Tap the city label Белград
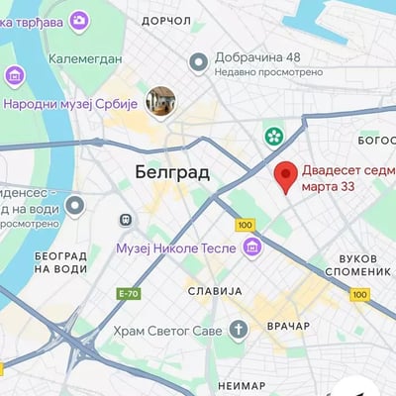coord(171,171)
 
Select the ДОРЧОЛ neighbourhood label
coord(165,20)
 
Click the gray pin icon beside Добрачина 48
coord(199,62)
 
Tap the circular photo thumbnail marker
coord(160,100)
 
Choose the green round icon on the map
coord(273,135)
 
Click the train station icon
coord(126,220)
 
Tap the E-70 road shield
coord(129,293)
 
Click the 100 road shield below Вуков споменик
coord(359,294)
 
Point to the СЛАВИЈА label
coord(214,291)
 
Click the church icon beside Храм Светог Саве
coord(238,330)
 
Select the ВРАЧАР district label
coord(288,326)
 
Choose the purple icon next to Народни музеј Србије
coord(15,75)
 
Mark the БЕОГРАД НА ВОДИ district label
coord(60,262)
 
